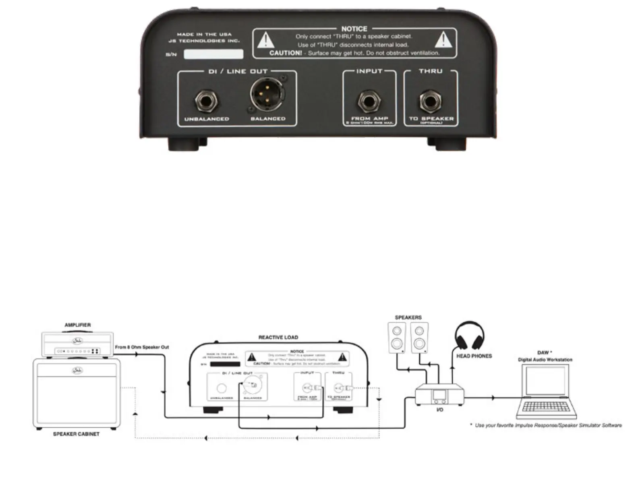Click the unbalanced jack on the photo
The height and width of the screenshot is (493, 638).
click(x=207, y=100)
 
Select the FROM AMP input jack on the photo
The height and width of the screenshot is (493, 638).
click(x=369, y=101)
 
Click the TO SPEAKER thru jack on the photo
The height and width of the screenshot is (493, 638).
click(x=431, y=101)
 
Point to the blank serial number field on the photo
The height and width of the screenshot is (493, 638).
click(x=213, y=54)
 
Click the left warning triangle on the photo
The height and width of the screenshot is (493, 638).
click(x=266, y=40)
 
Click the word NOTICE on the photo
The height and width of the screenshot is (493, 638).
click(x=354, y=29)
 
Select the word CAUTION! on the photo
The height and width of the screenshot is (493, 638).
click(x=286, y=53)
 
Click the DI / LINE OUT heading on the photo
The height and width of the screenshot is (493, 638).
click(x=238, y=71)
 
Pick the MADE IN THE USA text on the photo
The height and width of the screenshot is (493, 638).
click(x=204, y=35)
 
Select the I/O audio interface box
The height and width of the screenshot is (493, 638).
click(x=439, y=394)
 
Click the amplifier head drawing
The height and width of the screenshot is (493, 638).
click(x=78, y=344)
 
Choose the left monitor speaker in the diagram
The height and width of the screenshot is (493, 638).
click(x=397, y=338)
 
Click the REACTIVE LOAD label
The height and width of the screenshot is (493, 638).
click(x=278, y=338)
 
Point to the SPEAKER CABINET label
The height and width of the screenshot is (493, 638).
click(x=76, y=434)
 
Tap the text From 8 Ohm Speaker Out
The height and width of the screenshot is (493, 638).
click(x=142, y=347)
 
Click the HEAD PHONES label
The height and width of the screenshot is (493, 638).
click(x=474, y=356)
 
